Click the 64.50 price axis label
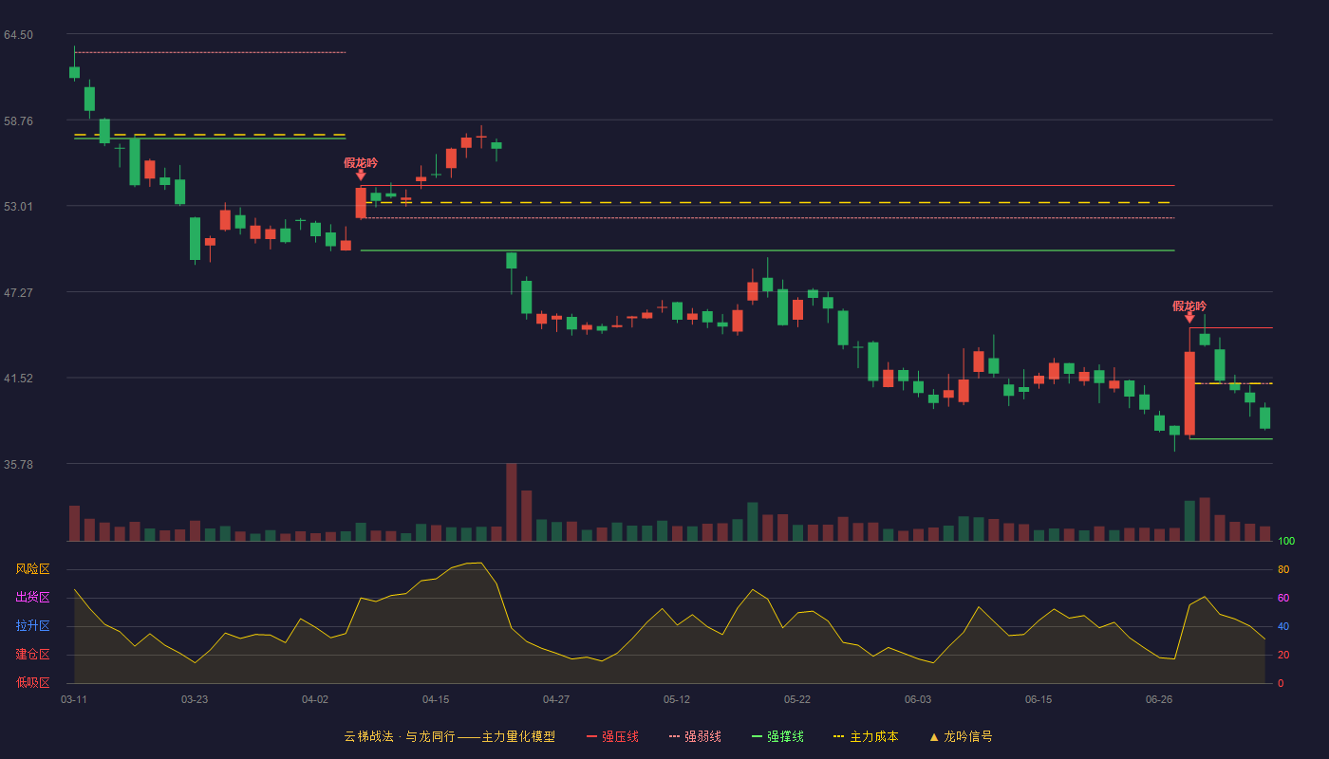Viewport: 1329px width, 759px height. click(x=18, y=35)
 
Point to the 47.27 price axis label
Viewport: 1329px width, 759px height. click(x=18, y=293)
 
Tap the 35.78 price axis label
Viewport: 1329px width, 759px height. click(x=18, y=464)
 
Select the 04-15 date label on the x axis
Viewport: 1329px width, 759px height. click(x=436, y=700)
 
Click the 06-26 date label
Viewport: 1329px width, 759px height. click(x=1159, y=700)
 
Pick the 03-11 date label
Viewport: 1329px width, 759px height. click(x=74, y=700)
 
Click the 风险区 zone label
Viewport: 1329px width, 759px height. click(x=32, y=569)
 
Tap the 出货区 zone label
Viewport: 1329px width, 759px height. click(x=32, y=597)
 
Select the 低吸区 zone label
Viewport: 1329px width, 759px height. click(x=32, y=682)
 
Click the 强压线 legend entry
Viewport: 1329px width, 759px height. click(x=612, y=736)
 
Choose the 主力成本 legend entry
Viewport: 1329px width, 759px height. click(x=866, y=736)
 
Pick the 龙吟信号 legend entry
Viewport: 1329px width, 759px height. click(x=961, y=736)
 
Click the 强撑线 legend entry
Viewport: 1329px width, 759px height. click(x=777, y=736)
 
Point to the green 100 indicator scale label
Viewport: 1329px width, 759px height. click(x=1286, y=541)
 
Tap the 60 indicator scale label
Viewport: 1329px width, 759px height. click(x=1283, y=598)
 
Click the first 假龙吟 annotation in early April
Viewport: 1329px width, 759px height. click(x=361, y=162)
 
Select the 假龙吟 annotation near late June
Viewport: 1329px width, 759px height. click(x=1189, y=305)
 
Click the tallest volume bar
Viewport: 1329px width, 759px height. click(x=512, y=502)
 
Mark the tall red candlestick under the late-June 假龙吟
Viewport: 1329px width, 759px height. click(x=1189, y=393)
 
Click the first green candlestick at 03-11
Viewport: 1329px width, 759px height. click(x=74, y=72)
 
